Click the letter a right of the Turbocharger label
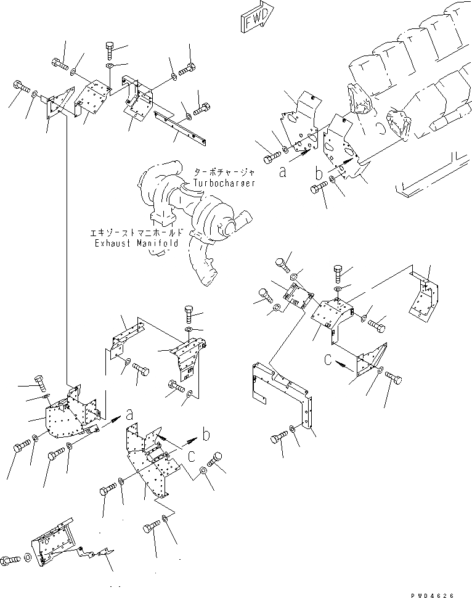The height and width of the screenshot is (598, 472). [x=282, y=173]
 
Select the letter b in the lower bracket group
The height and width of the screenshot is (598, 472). [x=206, y=435]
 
